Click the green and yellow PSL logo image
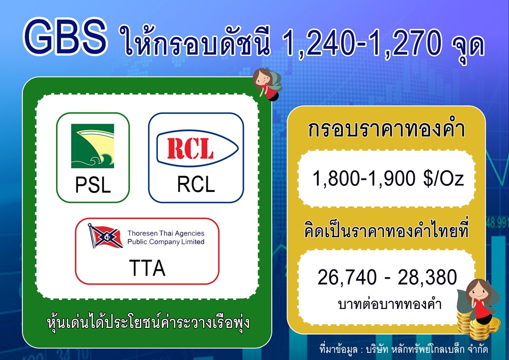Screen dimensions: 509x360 tap(93, 146)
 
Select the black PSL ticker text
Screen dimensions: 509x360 tap(93, 185)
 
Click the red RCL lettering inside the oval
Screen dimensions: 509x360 tap(190, 149)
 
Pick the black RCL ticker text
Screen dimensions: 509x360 tap(196, 184)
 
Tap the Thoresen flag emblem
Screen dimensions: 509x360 tap(105, 236)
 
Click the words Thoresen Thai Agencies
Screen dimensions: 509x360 tap(166, 233)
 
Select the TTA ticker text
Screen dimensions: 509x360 tap(148, 268)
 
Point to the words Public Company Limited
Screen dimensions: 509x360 tap(166, 242)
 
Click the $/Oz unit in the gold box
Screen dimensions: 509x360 tap(443, 179)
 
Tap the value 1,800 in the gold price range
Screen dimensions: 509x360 tap(335, 179)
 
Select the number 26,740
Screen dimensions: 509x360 tap(347, 278)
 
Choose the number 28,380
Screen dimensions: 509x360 tap(427, 278)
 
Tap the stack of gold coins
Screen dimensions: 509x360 tap(478, 325)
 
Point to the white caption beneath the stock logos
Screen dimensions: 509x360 tap(148, 322)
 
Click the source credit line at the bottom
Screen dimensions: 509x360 tap(404, 349)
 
